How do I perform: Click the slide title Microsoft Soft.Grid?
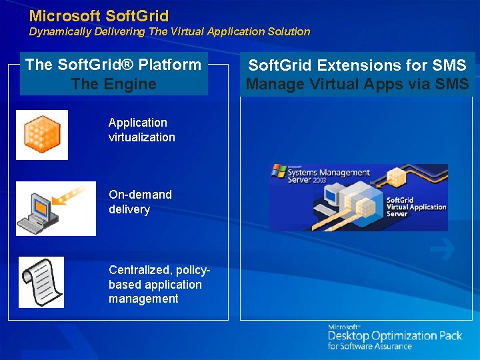pos(99,15)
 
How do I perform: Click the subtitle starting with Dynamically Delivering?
pos(169,31)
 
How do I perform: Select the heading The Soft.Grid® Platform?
pos(113,65)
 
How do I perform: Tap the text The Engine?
pos(113,84)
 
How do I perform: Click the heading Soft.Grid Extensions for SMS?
pos(357,65)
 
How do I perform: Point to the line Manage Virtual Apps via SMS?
pos(357,84)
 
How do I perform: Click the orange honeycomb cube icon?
pos(42,135)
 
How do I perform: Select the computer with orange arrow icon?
pos(55,209)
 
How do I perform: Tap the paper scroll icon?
pos(41,282)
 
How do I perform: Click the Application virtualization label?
pos(141,130)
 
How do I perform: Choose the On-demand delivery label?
pos(140,202)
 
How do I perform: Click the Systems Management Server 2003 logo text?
pos(329,177)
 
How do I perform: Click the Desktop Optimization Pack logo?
pos(395,336)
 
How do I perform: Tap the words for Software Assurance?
pos(369,347)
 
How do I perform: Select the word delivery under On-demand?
pos(129,209)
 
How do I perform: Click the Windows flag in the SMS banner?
pos(279,171)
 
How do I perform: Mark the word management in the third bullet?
pos(143,299)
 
